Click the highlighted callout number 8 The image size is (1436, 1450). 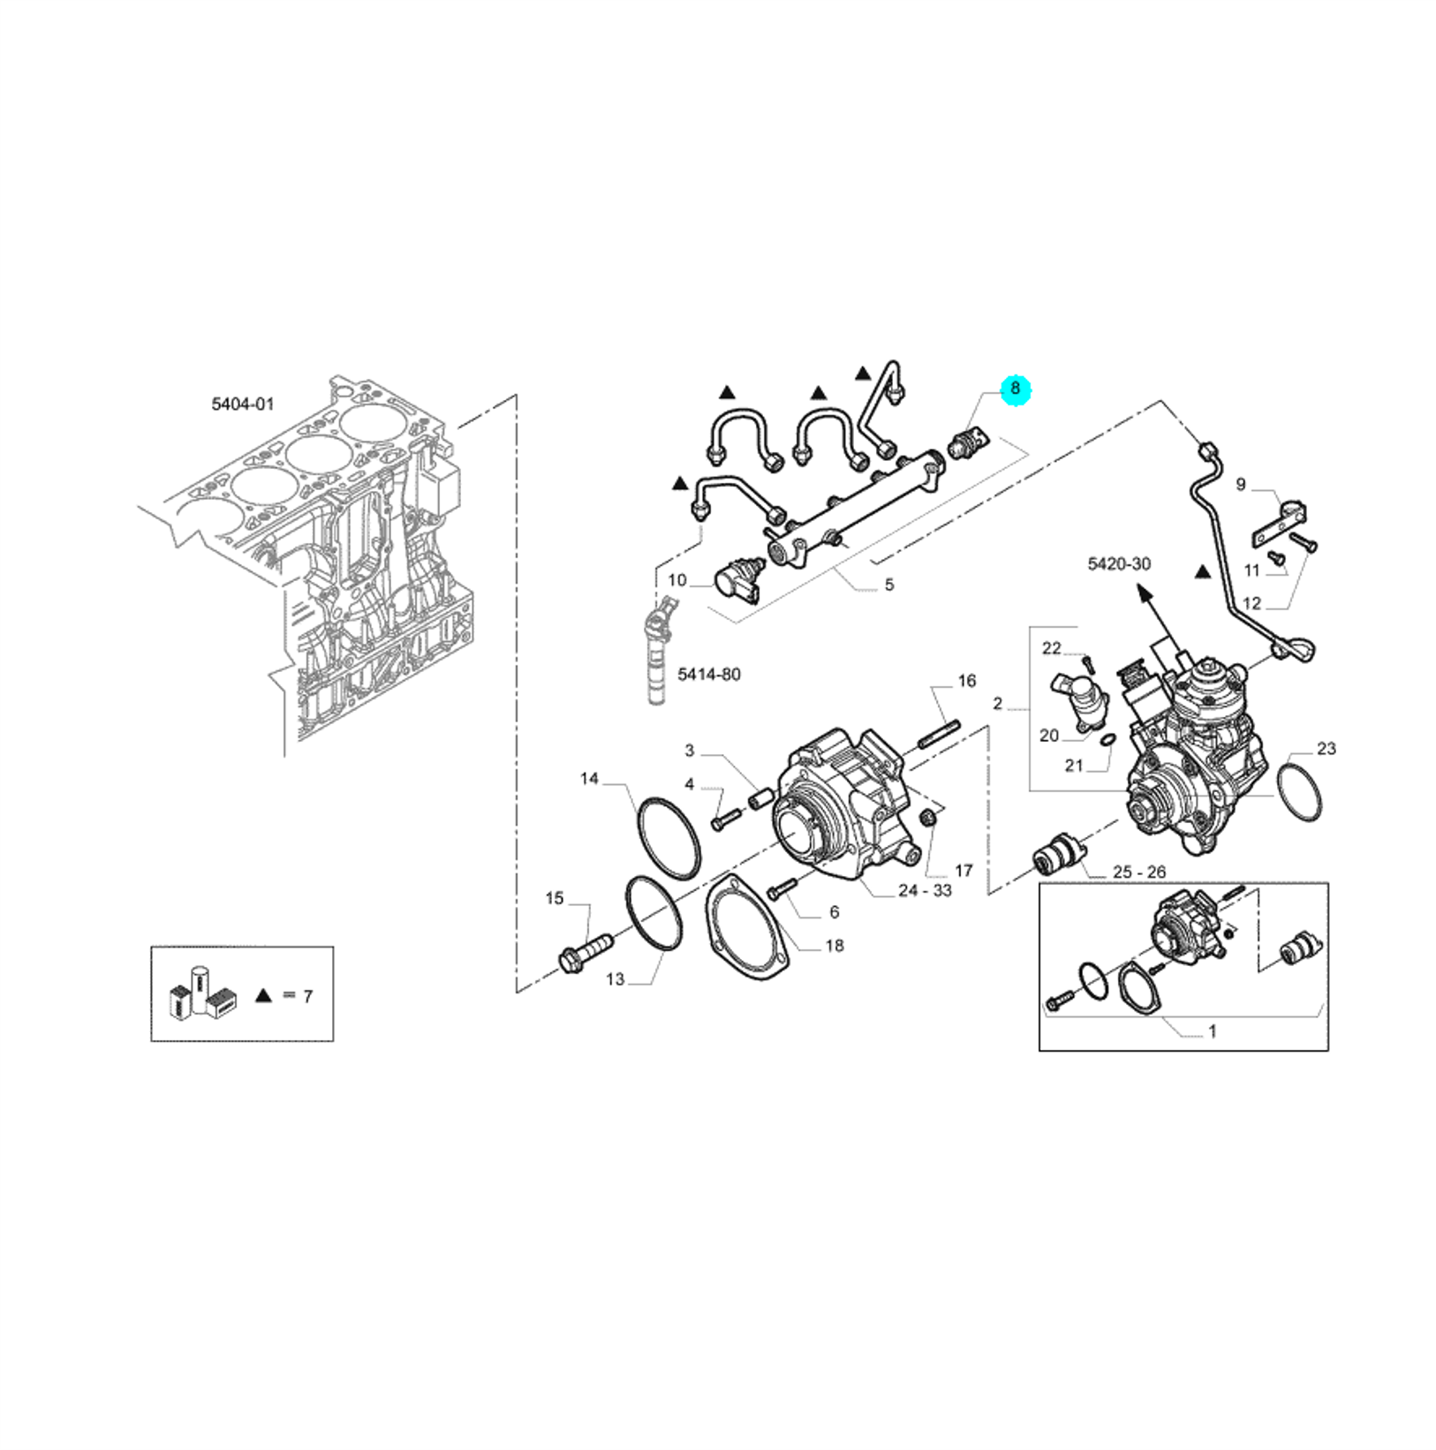(x=1015, y=388)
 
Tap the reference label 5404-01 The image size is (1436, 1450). (x=243, y=404)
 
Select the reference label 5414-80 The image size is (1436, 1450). (x=709, y=674)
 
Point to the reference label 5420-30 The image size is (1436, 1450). (x=1119, y=563)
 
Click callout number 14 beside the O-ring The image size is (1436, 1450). (x=589, y=778)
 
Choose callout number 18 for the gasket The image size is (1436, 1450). (x=835, y=946)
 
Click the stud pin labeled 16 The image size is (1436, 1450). (x=939, y=736)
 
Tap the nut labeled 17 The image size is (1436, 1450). (x=928, y=819)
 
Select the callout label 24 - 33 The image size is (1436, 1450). (x=925, y=890)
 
